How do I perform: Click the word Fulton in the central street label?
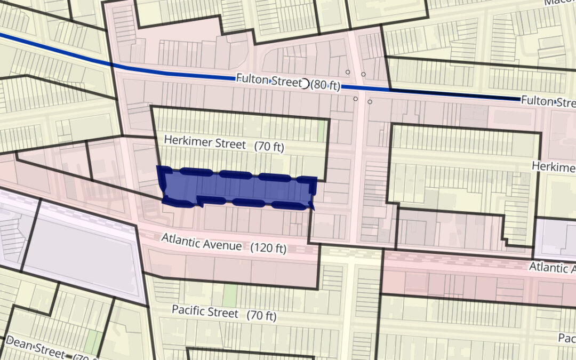253,79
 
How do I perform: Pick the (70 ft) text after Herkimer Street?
269,147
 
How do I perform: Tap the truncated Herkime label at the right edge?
554,166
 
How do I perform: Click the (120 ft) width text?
268,248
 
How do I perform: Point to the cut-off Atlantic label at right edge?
552,267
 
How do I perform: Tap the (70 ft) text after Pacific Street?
261,315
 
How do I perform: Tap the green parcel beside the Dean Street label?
93,342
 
